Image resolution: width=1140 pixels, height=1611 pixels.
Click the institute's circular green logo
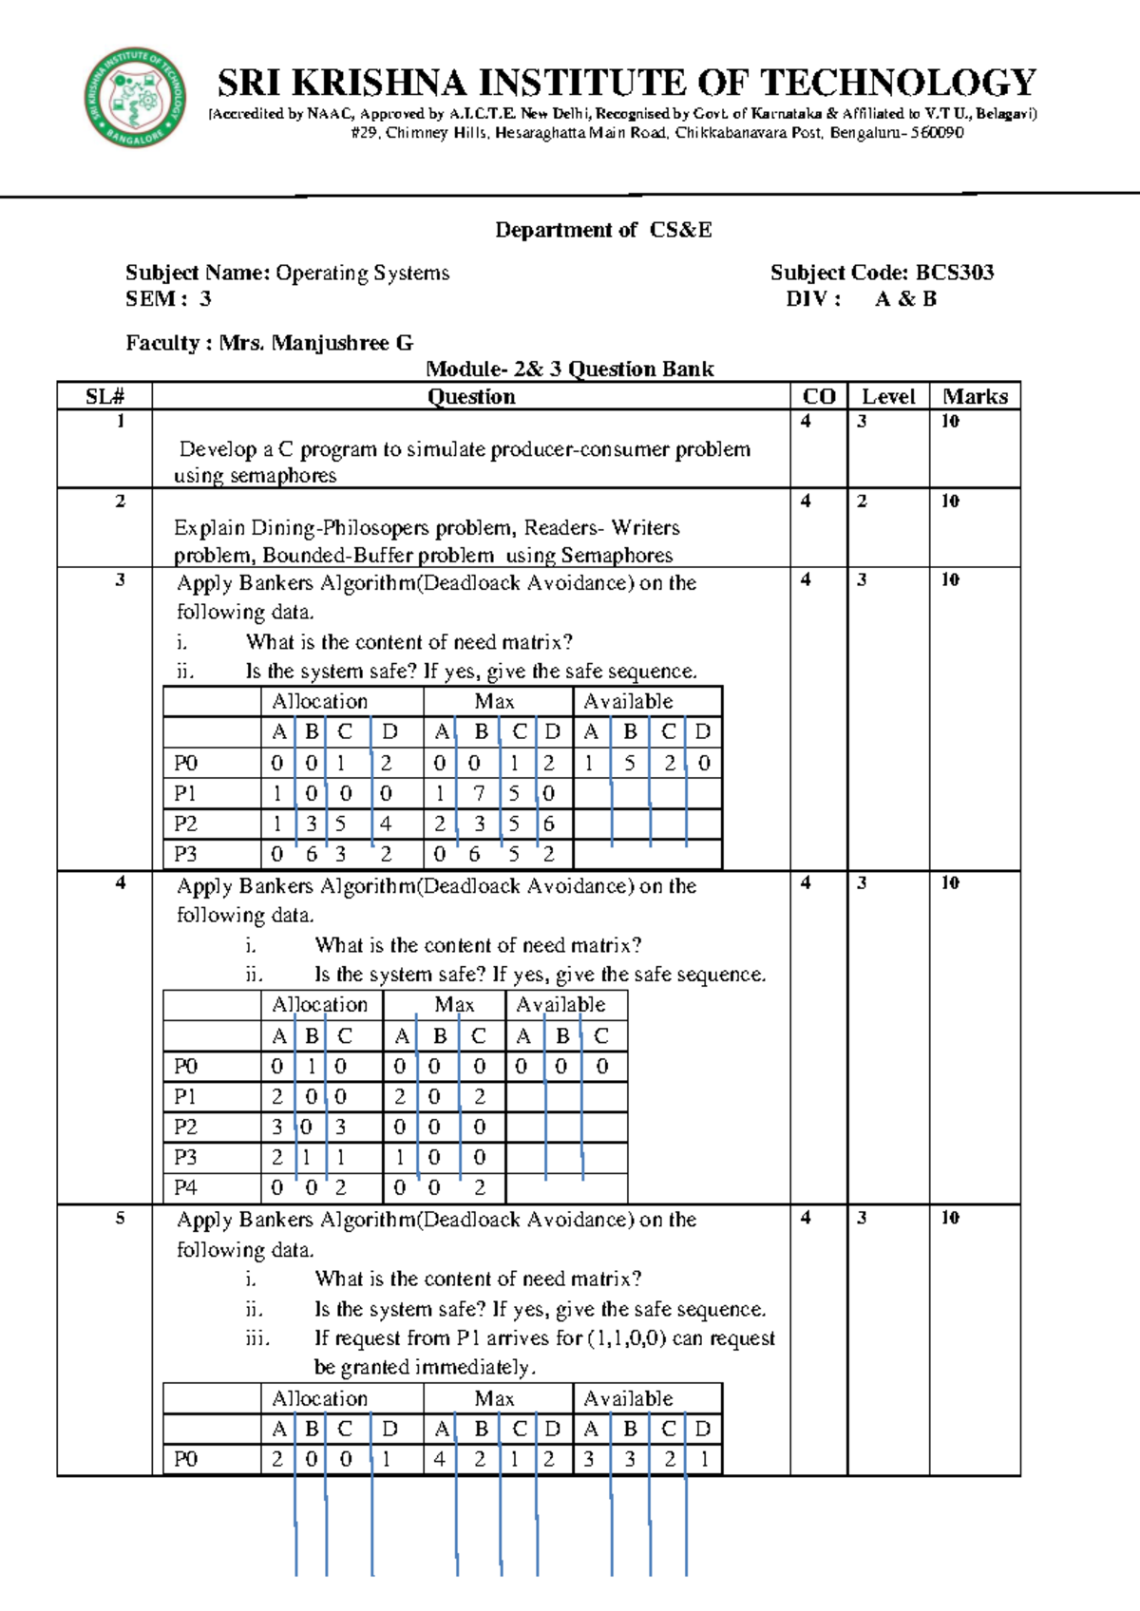[x=135, y=98]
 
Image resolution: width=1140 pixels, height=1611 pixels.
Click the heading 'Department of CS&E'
[x=603, y=230]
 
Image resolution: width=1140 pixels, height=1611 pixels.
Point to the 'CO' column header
[x=819, y=397]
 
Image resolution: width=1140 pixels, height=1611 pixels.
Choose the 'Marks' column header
[x=975, y=397]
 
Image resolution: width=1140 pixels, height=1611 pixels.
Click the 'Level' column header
[x=888, y=397]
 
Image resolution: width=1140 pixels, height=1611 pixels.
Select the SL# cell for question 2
[x=120, y=502]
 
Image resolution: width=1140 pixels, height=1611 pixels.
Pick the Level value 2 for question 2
[x=862, y=502]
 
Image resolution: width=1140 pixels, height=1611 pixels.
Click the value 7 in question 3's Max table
[x=480, y=793]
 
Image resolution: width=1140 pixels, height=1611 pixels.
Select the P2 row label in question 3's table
[x=185, y=824]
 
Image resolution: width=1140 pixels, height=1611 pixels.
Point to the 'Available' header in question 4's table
[x=560, y=1005]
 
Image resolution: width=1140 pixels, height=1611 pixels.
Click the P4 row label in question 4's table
[x=185, y=1187]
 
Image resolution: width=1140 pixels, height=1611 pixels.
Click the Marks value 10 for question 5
[x=950, y=1218]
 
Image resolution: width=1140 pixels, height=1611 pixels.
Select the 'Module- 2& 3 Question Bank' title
[x=569, y=370]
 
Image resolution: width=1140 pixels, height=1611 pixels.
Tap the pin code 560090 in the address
[x=937, y=133]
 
